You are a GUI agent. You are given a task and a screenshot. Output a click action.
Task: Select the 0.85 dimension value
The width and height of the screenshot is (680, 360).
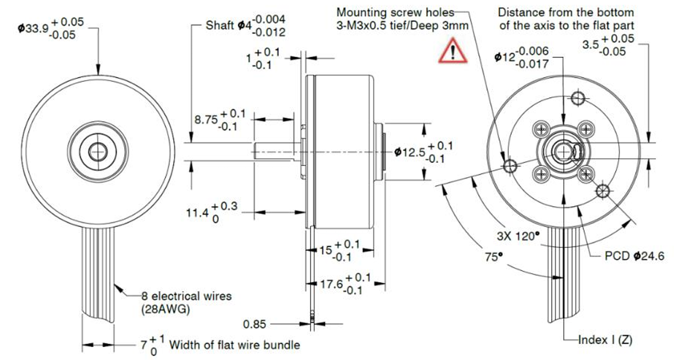(x=255, y=324)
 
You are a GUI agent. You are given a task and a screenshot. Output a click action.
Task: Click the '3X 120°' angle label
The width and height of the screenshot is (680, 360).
(x=518, y=236)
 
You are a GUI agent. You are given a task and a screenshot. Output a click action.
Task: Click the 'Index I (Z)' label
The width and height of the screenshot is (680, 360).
(x=605, y=339)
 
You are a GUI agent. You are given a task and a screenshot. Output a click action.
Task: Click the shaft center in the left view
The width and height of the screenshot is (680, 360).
(x=95, y=152)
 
